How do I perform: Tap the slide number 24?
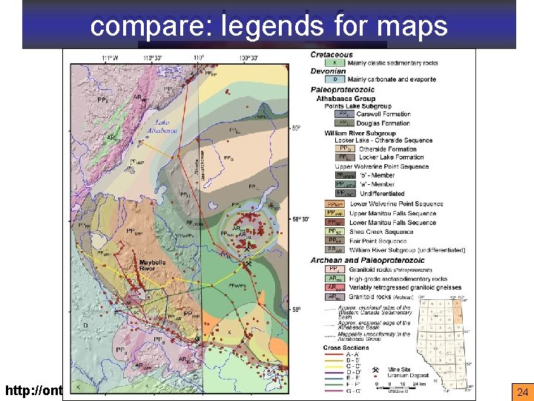click(521, 391)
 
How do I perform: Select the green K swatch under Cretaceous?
click(335, 62)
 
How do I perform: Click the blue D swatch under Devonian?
click(335, 78)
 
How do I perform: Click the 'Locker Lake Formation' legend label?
click(392, 157)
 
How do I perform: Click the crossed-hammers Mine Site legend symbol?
click(376, 370)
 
